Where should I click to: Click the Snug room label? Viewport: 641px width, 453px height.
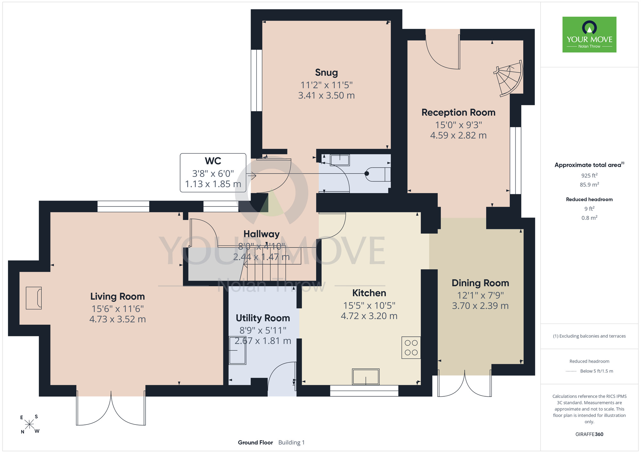pos(326,73)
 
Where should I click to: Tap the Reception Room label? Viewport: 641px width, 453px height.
pos(458,112)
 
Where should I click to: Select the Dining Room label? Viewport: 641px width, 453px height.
pos(480,283)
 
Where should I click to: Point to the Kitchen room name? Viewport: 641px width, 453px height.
pos(369,293)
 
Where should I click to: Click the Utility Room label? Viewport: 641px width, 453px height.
pos(263,318)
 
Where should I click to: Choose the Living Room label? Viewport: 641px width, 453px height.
pos(117,296)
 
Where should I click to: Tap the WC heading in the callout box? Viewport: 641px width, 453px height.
pos(213,161)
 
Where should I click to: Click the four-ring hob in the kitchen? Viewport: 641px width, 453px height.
pos(411,348)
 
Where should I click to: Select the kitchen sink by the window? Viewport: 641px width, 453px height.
pos(366,376)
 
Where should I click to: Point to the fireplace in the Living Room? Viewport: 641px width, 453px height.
pos(34,298)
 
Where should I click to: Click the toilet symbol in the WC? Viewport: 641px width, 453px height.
pos(378,174)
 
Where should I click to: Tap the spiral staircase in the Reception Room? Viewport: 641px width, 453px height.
pos(509,78)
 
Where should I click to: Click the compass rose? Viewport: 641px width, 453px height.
pos(29,424)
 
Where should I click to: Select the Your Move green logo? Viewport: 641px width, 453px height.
pos(589,35)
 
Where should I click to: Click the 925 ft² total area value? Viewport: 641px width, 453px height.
pos(589,175)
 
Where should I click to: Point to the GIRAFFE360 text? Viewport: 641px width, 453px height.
pos(589,434)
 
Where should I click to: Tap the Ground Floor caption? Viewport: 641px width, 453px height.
pos(255,442)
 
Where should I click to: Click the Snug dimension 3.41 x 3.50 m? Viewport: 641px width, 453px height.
pos(326,95)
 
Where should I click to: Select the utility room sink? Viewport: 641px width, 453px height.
pos(237,350)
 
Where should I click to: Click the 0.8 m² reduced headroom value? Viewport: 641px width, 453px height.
pos(589,218)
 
